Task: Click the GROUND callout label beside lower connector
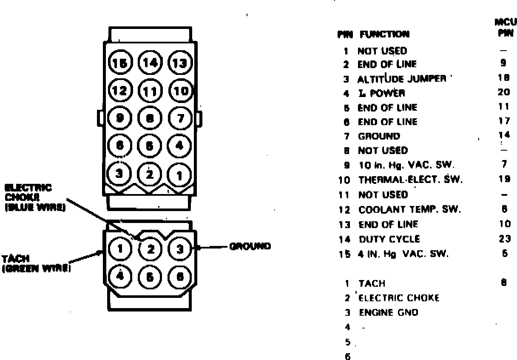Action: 250,246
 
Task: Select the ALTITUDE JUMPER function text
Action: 402,79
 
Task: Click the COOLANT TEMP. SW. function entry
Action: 403,210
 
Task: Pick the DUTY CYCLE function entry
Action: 389,239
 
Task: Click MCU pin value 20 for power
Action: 503,92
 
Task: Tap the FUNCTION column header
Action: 384,34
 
